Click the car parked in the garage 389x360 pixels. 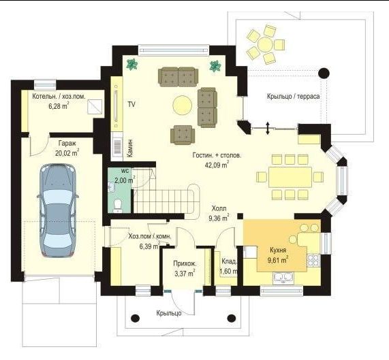(x=58, y=210)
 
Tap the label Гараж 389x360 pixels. (x=67, y=143)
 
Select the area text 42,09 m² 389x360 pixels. (x=217, y=165)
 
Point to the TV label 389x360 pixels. (x=131, y=104)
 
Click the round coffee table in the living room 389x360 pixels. (x=183, y=105)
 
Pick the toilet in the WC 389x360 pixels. (x=117, y=206)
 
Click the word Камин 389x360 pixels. (x=129, y=148)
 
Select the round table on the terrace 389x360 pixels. (x=265, y=44)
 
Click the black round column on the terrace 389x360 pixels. (x=324, y=73)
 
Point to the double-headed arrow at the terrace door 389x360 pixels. (x=268, y=128)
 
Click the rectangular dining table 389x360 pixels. (x=290, y=177)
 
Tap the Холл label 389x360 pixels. (x=219, y=209)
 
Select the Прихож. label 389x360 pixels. (x=185, y=263)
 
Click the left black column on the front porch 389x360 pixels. (x=135, y=318)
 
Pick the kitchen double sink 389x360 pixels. (x=283, y=278)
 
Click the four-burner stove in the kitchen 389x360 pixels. (x=314, y=260)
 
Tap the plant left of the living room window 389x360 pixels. (x=132, y=65)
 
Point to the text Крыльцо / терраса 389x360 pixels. (x=293, y=97)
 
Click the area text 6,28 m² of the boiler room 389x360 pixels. (x=59, y=106)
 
